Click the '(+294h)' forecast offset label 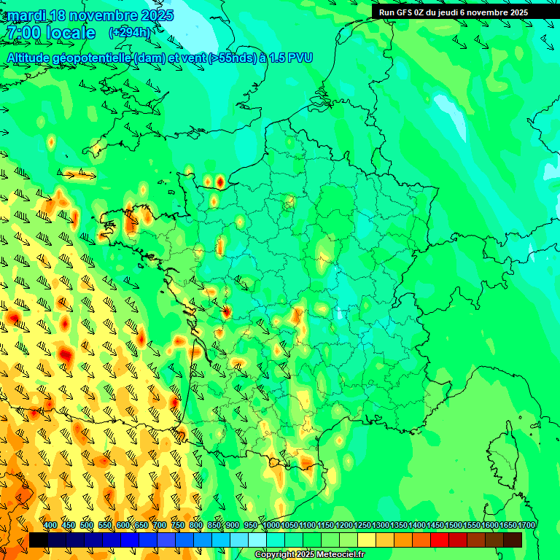(129, 33)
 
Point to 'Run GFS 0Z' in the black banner (403, 12)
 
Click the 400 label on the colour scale (50, 525)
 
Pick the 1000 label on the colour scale (271, 525)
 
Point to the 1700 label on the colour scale (526, 525)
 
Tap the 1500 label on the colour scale (454, 525)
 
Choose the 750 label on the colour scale (178, 525)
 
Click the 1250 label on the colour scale (362, 525)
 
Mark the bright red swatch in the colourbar (440, 540)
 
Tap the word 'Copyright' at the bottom (275, 555)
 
